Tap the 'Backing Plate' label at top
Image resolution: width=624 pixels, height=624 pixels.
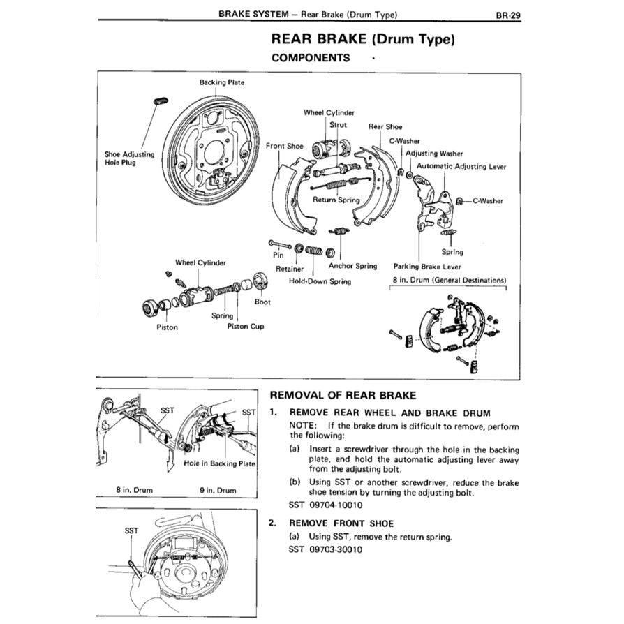point(221,82)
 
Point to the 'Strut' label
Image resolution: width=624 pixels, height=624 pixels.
point(338,125)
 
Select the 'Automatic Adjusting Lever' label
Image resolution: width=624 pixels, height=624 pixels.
point(461,167)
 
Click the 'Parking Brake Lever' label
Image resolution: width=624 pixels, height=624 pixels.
point(427,266)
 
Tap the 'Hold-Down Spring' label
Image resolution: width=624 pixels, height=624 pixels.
point(320,281)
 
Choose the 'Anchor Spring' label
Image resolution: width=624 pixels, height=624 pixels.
point(352,266)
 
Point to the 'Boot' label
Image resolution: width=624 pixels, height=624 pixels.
point(262,302)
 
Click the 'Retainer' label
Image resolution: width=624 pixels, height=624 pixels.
point(288,269)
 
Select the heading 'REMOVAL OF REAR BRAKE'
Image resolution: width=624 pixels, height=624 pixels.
point(342,395)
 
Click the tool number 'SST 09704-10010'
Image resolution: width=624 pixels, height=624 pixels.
point(325,505)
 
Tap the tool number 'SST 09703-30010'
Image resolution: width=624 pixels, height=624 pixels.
point(325,549)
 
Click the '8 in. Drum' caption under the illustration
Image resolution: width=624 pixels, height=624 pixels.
point(134,490)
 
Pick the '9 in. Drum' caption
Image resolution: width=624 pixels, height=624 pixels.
point(218,490)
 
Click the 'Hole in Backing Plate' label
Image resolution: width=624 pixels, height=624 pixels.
point(220,463)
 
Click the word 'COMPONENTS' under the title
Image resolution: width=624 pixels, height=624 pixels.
point(311,58)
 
